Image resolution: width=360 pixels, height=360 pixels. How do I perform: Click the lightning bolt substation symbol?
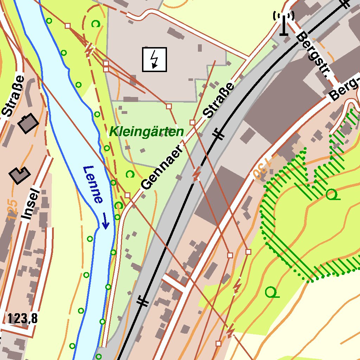(x=154, y=59)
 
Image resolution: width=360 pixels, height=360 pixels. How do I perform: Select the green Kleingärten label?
(x=146, y=132)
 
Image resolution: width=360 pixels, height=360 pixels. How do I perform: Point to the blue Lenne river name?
(x=93, y=185)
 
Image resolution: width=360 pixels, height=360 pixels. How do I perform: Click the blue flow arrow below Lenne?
(x=105, y=221)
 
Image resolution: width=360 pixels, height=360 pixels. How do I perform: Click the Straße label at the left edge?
(x=13, y=96)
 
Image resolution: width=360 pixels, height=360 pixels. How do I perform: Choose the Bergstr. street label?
(x=314, y=56)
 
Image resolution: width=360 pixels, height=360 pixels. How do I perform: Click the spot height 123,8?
(x=22, y=319)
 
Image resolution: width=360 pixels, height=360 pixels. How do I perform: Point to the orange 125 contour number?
(x=12, y=210)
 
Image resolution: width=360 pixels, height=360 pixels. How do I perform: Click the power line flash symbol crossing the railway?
(x=196, y=174)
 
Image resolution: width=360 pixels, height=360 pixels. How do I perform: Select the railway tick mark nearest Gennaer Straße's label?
(x=218, y=134)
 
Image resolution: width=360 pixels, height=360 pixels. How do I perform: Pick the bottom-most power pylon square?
(x=219, y=343)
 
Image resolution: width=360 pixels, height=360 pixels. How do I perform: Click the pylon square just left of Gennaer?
(x=127, y=195)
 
